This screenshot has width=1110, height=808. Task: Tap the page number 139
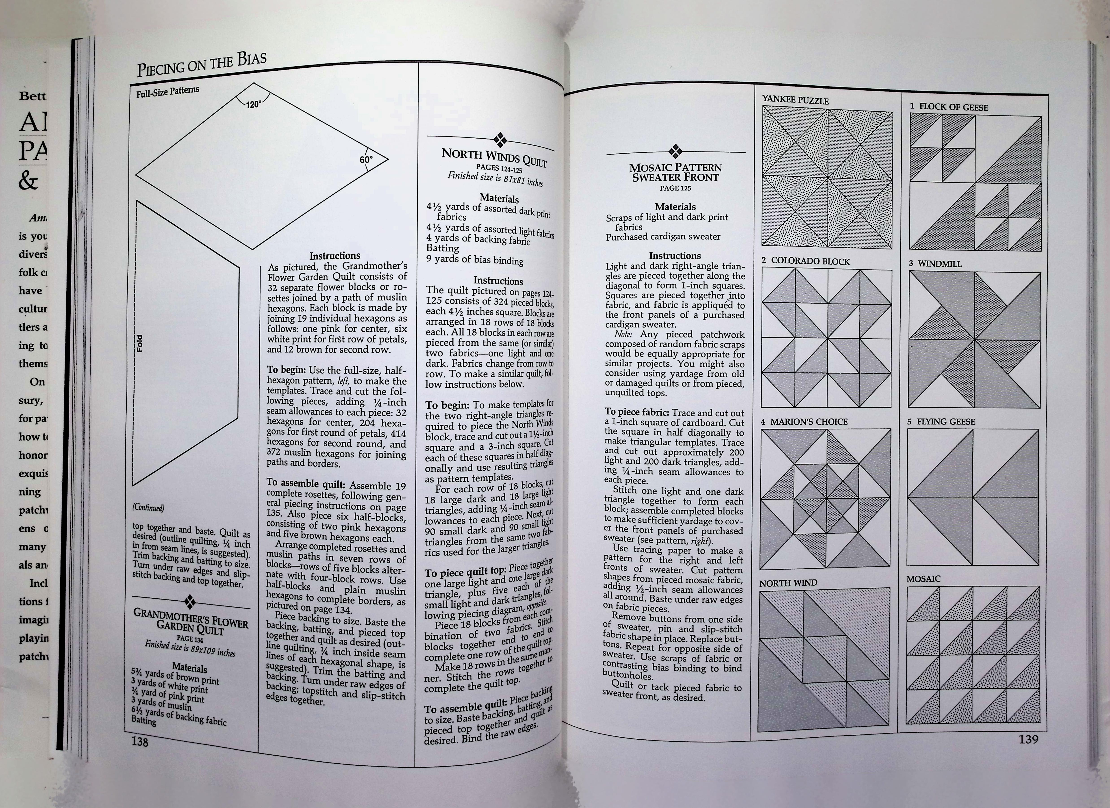pyautogui.click(x=1028, y=739)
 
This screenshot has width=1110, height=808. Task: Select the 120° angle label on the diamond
pyautogui.click(x=254, y=104)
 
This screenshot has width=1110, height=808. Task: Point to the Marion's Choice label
pyautogui.click(x=804, y=421)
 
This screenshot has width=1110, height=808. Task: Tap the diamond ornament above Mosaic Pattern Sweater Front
pyautogui.click(x=676, y=151)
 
